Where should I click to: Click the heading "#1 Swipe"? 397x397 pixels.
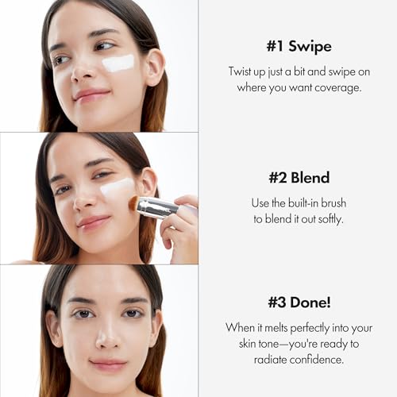click(299, 46)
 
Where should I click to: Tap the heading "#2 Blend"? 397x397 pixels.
click(299, 177)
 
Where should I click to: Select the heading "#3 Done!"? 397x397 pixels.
click(299, 303)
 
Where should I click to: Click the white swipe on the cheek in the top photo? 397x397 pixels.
click(118, 64)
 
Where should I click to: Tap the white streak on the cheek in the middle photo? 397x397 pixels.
click(117, 187)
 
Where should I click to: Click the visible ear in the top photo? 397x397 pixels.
click(156, 67)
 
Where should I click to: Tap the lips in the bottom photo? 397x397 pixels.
click(108, 364)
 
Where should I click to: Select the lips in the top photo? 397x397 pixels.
click(91, 94)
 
